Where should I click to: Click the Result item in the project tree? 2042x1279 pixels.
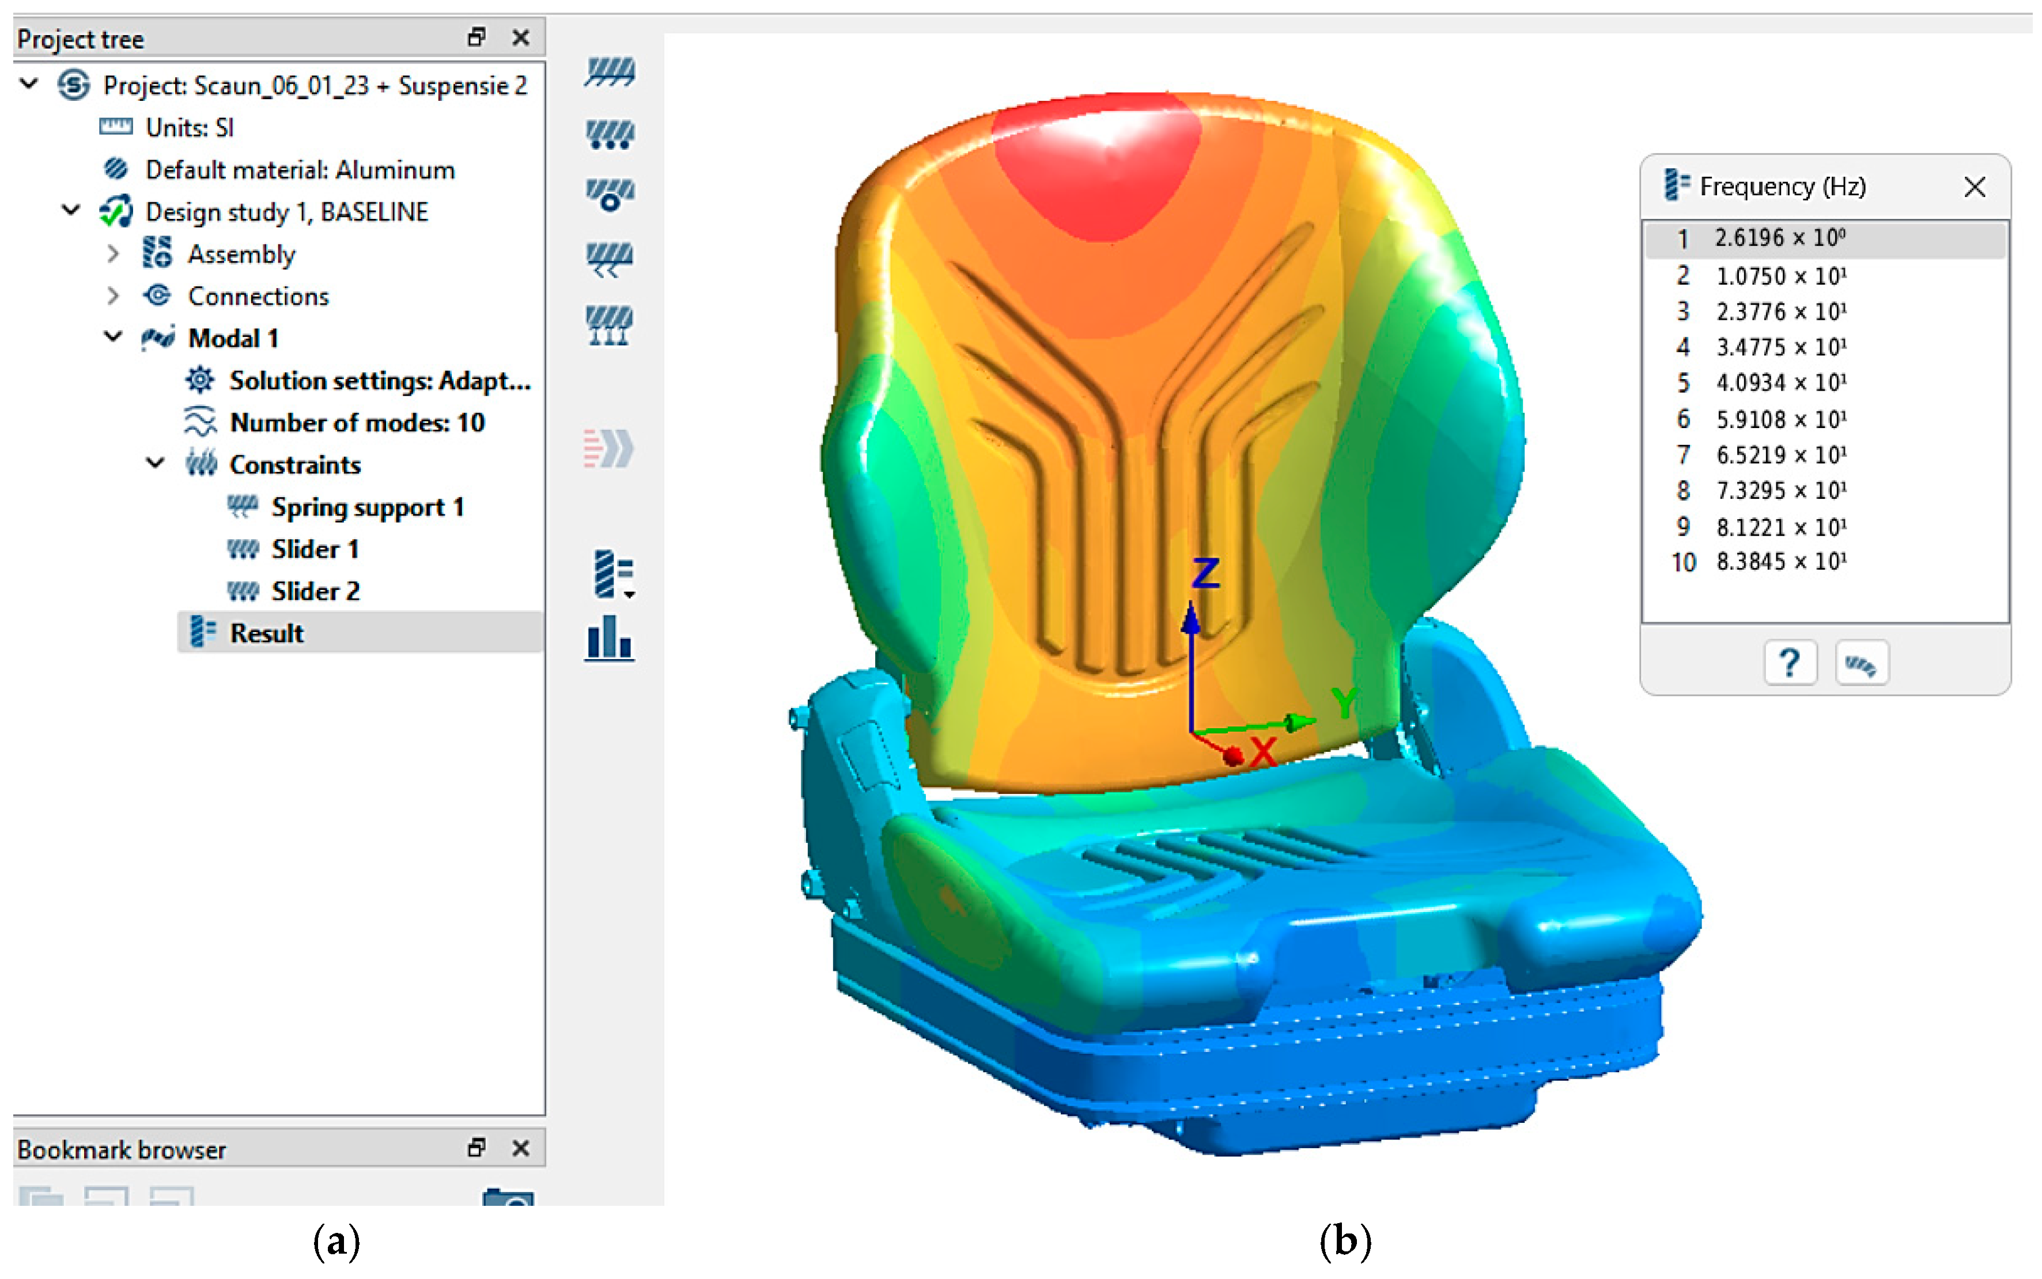266,633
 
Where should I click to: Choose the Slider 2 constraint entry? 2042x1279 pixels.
316,591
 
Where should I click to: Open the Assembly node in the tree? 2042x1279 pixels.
241,253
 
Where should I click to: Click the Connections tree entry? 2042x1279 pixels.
258,296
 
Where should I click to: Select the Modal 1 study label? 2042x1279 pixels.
233,338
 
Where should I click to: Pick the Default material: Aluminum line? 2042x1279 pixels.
300,170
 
